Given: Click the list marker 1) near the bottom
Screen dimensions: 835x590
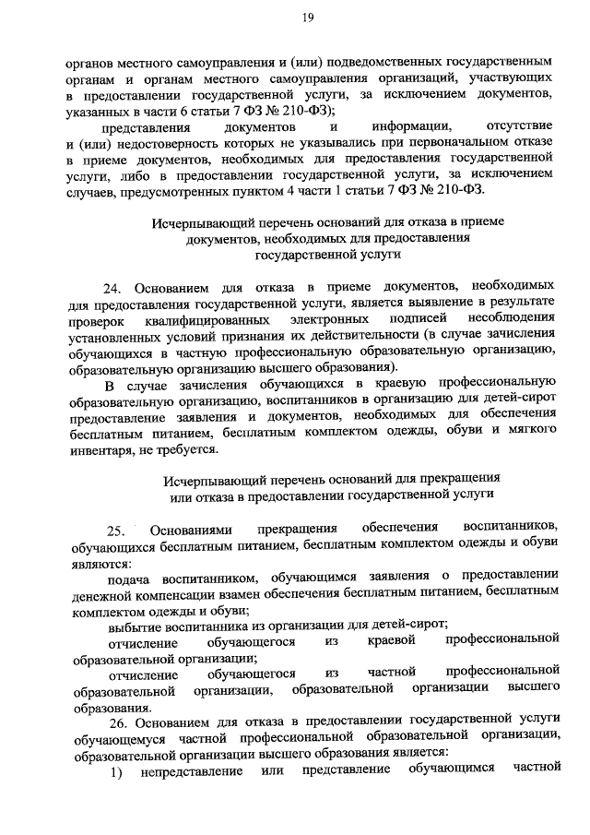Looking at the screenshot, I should (116, 767).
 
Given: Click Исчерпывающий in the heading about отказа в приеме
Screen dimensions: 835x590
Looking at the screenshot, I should (194, 221).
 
